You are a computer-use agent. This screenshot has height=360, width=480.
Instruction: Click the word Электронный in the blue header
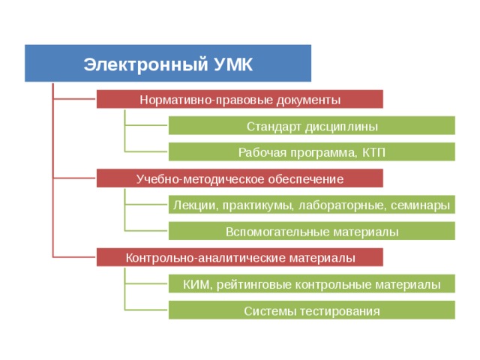pos(145,64)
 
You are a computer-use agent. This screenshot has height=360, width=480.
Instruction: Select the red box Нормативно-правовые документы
pos(240,99)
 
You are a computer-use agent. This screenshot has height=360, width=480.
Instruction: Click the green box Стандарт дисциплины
pos(312,125)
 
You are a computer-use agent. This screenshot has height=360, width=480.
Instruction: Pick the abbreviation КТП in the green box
pos(373,152)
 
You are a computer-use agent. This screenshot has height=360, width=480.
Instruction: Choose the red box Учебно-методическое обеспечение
pos(240,178)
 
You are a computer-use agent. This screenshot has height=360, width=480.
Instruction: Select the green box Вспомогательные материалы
pos(312,231)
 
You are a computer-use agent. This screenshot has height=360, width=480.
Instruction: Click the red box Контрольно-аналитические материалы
pos(240,257)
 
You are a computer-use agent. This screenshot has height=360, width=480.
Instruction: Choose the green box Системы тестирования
pos(312,310)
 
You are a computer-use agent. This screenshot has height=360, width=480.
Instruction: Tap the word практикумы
pos(256,205)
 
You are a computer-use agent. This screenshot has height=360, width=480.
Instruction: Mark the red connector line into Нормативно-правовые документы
pos(75,99)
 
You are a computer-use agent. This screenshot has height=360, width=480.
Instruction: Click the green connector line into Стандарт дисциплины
pos(146,125)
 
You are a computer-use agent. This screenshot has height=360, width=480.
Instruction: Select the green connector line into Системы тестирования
pos(146,310)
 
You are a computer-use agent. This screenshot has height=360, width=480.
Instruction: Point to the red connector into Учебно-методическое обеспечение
pos(75,178)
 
